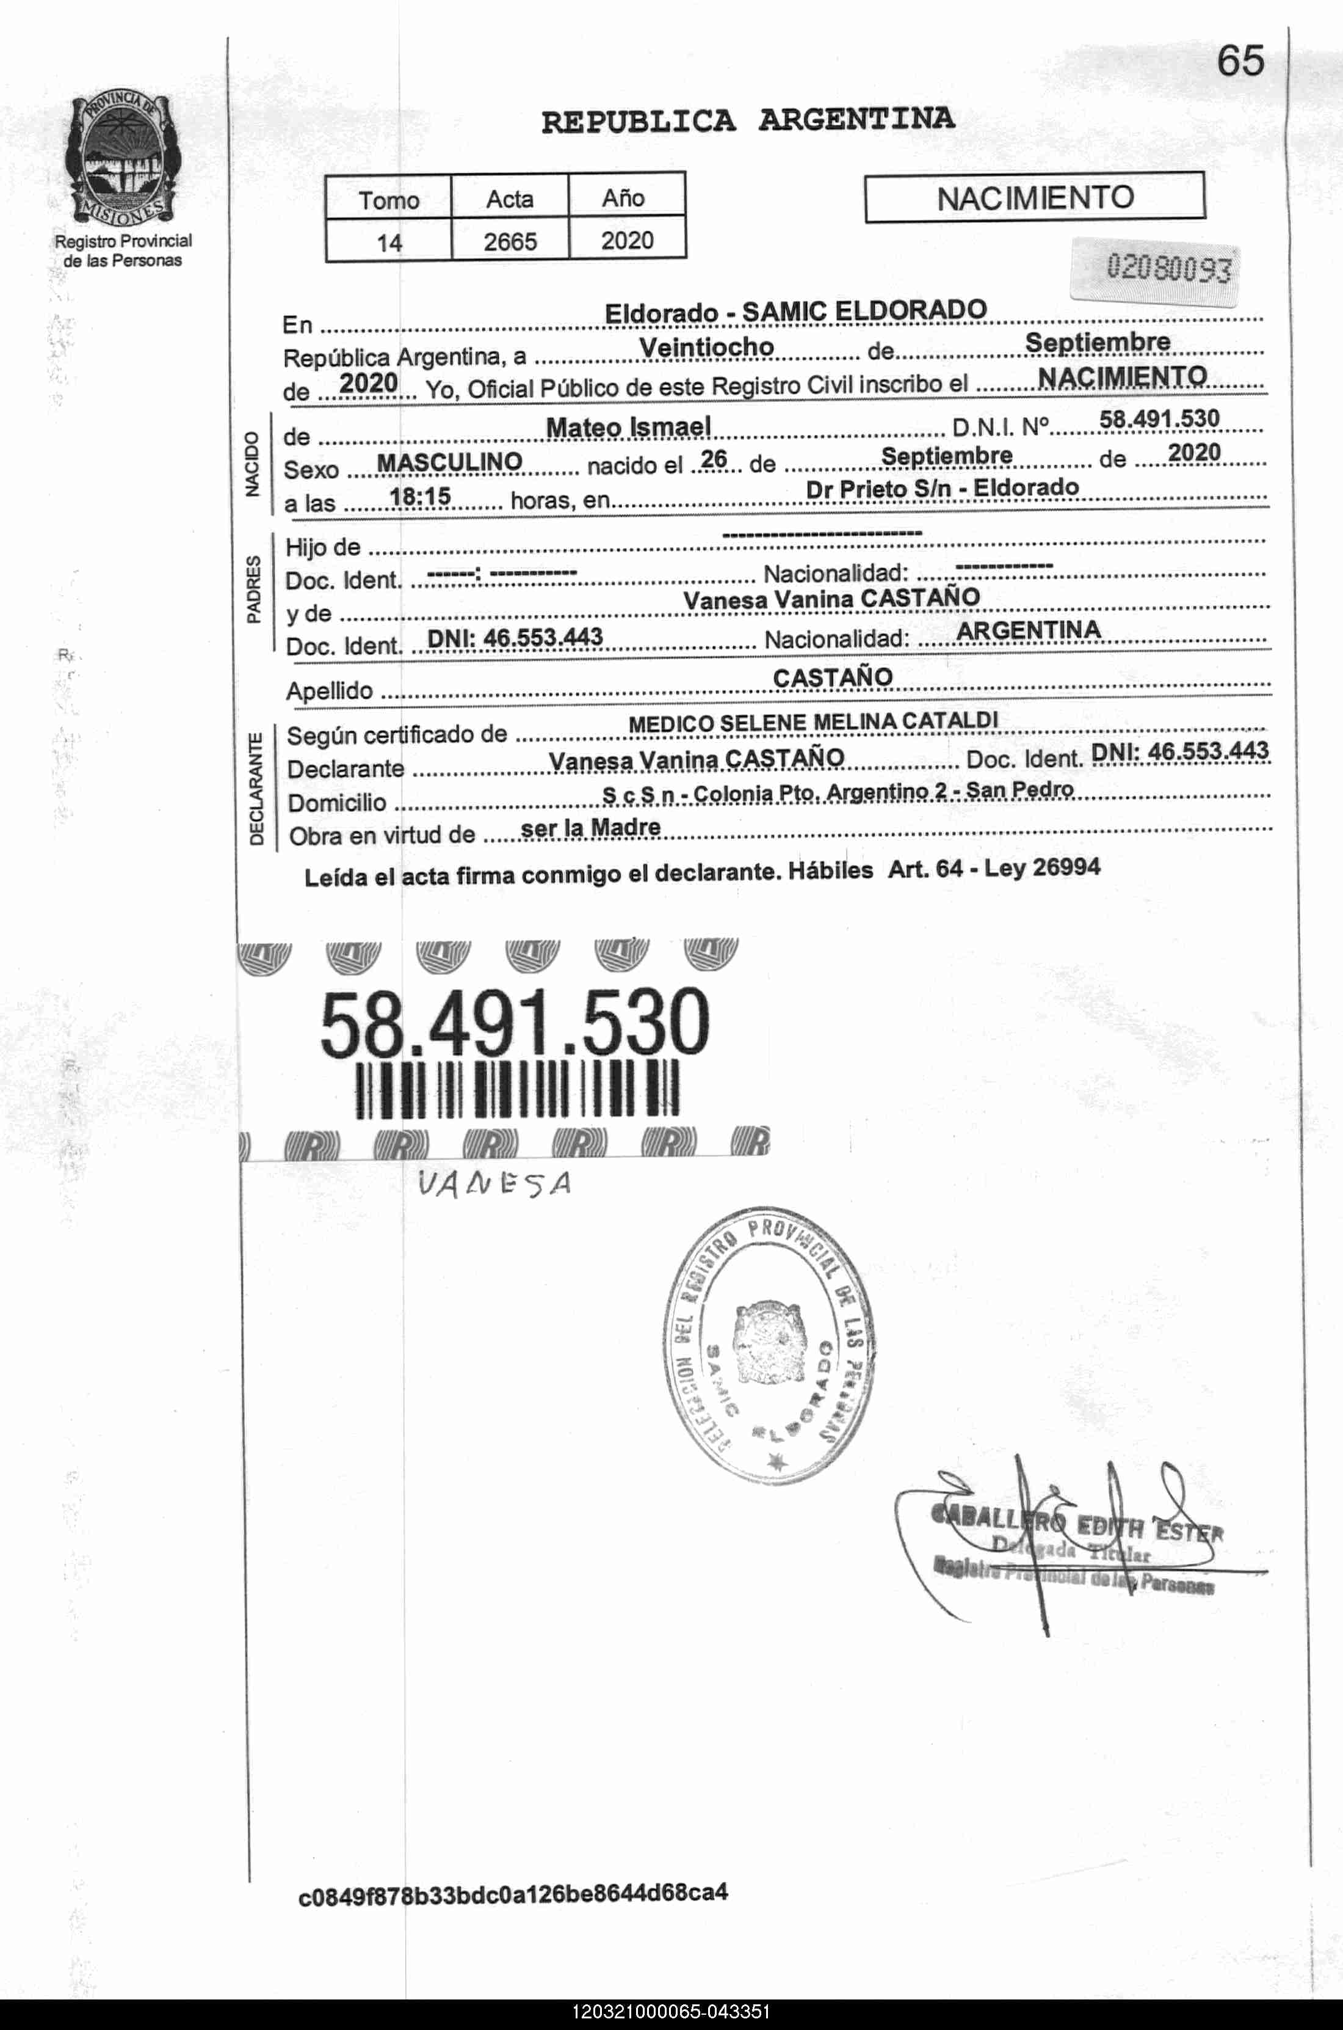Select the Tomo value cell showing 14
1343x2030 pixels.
pos(389,242)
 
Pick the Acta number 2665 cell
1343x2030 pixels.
pos(510,242)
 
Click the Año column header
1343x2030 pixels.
pos(623,198)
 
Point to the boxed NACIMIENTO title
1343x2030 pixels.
pos(1035,198)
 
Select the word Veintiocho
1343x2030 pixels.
pos(707,347)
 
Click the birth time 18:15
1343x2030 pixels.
pos(420,495)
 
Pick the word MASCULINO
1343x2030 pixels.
pos(450,462)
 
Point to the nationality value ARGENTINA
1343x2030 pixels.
pos(1028,630)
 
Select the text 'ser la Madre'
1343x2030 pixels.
pos(591,828)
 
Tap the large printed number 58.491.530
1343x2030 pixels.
pos(515,1022)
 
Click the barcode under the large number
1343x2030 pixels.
pos(516,1089)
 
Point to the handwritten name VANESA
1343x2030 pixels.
pos(494,1185)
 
